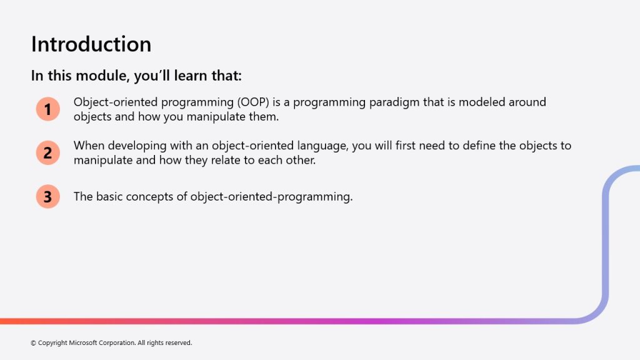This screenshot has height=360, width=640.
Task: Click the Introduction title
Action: [x=91, y=44]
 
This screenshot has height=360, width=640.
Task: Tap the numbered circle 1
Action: [x=47, y=109]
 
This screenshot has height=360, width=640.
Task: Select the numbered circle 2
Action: [x=47, y=152]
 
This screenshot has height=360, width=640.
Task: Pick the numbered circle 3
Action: [x=47, y=196]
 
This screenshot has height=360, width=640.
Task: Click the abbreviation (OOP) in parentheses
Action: [x=253, y=102]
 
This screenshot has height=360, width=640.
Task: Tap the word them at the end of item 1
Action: [x=264, y=117]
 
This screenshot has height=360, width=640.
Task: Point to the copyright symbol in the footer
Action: [x=34, y=343]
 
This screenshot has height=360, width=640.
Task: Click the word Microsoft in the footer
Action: [x=83, y=343]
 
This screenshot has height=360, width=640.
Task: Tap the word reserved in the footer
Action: [x=178, y=343]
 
